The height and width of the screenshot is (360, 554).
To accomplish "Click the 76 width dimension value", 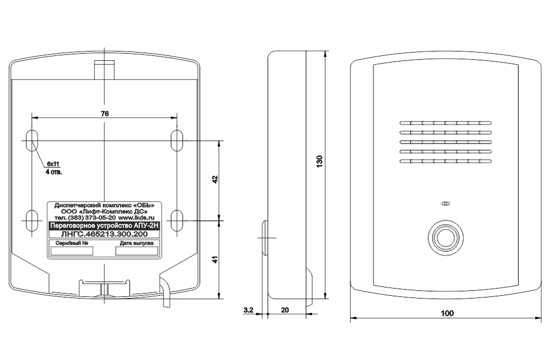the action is click(105, 114).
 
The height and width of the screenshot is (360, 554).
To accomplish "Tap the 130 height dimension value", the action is click(320, 161).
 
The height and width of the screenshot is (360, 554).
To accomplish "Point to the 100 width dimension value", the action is click(447, 313).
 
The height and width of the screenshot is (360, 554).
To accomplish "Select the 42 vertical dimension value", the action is click(215, 179).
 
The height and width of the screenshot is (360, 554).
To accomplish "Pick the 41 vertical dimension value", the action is click(215, 259).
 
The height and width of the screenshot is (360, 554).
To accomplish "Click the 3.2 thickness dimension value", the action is click(248, 310).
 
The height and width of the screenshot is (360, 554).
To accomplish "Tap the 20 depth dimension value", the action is click(285, 310).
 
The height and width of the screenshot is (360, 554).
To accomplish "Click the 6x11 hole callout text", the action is click(53, 164).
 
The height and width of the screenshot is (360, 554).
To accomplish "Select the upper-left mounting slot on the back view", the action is click(32, 141).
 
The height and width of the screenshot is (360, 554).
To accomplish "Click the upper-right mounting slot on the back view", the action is click(177, 141).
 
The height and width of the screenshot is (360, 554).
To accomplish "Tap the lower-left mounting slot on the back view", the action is click(32, 221).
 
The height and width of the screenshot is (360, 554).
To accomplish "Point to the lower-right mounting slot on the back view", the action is click(177, 221).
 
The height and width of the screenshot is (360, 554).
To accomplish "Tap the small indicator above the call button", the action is click(445, 204).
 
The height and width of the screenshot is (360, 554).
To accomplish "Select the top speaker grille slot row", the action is click(445, 124).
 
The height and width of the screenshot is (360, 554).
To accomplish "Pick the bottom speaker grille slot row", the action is click(445, 162).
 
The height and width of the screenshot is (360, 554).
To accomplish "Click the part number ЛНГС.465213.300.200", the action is click(104, 234).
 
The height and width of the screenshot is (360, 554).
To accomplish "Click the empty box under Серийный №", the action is click(71, 251).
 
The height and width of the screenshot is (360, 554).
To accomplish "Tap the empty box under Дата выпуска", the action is click(137, 251).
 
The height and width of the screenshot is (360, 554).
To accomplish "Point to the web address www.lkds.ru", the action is click(136, 218).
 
